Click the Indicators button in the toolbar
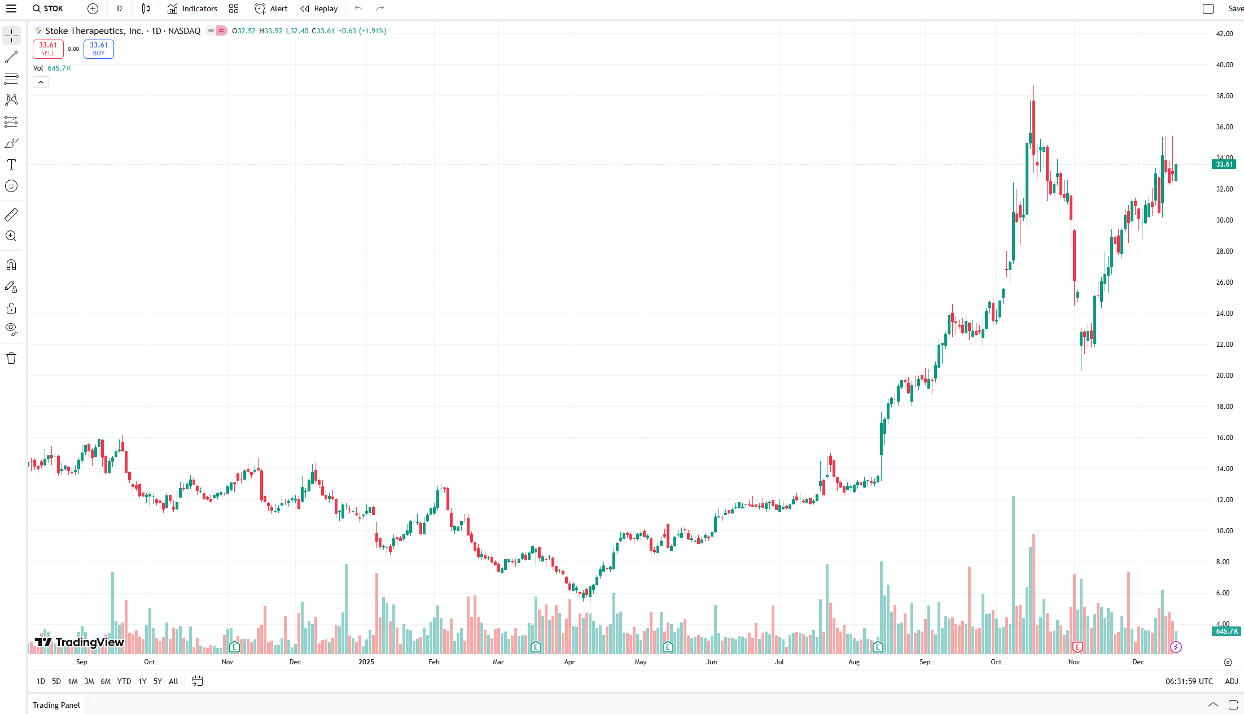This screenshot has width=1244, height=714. click(192, 8)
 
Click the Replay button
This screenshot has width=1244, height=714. click(319, 8)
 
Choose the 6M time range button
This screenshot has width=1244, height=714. click(105, 681)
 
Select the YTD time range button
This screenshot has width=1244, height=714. click(124, 681)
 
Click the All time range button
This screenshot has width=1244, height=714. click(173, 681)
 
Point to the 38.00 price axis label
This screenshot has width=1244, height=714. click(1224, 96)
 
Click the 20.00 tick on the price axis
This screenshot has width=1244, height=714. click(1224, 376)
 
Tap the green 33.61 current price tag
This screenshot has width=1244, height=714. click(1224, 164)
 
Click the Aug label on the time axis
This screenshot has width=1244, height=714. click(853, 662)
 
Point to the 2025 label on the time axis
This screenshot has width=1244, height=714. click(366, 662)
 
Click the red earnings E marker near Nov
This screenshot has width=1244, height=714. click(1077, 647)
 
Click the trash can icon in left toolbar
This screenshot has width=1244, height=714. click(11, 358)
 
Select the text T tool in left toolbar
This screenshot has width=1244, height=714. click(11, 164)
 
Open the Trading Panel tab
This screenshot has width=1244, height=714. click(56, 705)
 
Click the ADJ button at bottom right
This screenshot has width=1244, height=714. click(1231, 681)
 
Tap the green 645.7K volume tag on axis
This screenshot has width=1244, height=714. click(1226, 631)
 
